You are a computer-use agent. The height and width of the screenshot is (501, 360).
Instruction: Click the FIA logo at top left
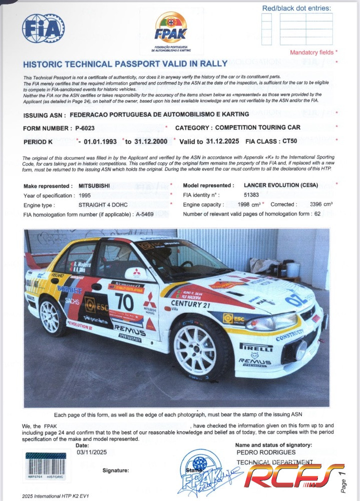coord(43,28)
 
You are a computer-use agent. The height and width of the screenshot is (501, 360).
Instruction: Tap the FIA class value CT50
coord(293,141)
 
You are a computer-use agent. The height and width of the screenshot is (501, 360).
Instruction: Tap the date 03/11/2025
coord(92,452)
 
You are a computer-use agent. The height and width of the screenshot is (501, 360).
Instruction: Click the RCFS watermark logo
coord(295,476)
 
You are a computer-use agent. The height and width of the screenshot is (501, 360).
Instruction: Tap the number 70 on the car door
coord(124,302)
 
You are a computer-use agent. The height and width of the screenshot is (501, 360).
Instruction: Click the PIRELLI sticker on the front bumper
coord(256,346)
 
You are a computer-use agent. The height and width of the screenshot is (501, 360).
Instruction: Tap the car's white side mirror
coord(137,274)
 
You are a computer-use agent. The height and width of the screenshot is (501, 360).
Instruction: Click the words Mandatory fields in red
coord(312,52)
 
